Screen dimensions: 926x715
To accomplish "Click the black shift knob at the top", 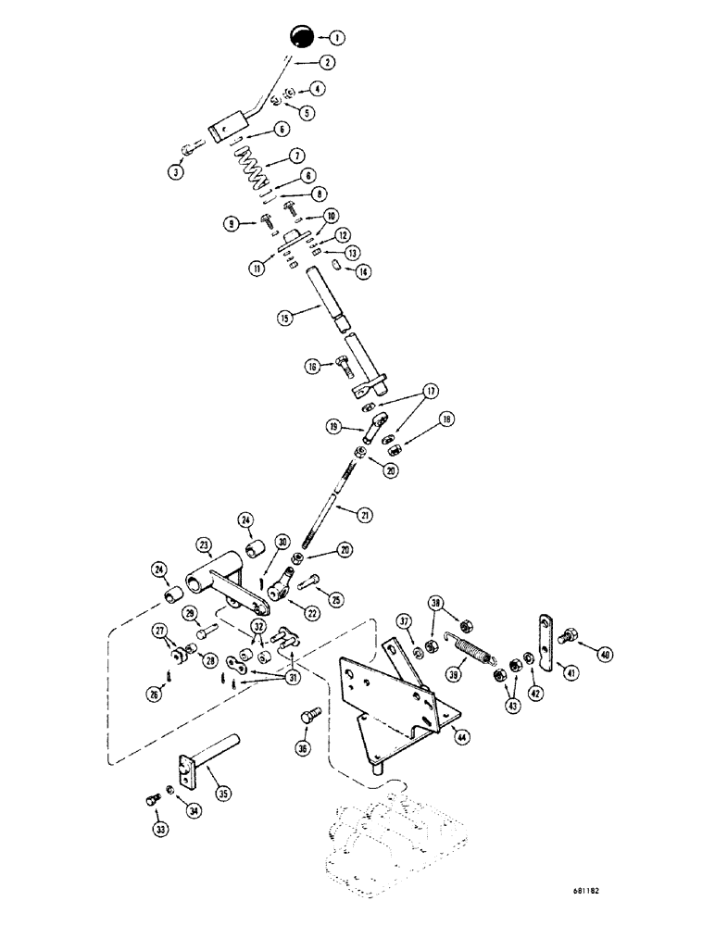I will coord(300,37).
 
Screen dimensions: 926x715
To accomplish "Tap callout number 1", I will coord(336,38).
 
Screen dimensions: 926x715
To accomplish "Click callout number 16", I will coord(313,367).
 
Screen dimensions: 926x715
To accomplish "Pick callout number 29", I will coord(189,614).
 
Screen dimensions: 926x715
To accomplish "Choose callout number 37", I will coord(404,620).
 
